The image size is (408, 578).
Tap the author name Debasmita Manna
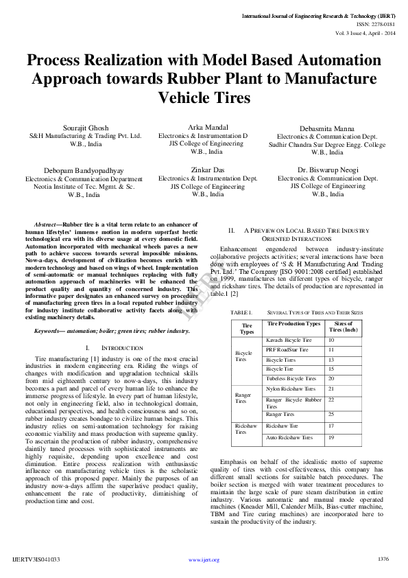pyautogui.click(x=326, y=129)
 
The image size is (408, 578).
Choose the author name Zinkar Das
pyautogui.click(x=207, y=170)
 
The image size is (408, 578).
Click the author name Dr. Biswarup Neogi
pyautogui.click(x=326, y=170)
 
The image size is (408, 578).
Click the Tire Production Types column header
pyautogui.click(x=293, y=323)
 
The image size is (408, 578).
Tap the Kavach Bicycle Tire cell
pyautogui.click(x=289, y=340)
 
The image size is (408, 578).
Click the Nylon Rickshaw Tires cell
pyautogui.click(x=290, y=389)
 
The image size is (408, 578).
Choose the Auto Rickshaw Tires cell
pyautogui.click(x=289, y=437)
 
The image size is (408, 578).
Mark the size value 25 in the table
pyautogui.click(x=331, y=415)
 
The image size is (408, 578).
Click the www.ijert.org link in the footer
pyautogui.click(x=204, y=560)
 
